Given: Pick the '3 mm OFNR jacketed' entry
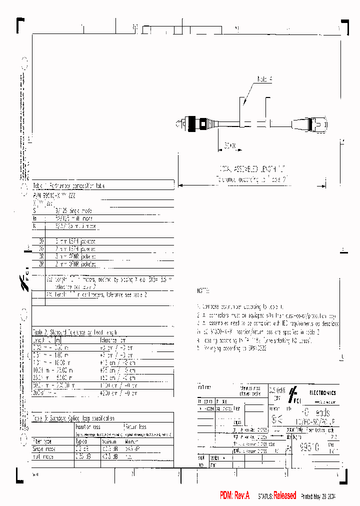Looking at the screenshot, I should pos(75,256).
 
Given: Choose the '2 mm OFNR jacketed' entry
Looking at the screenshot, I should pos(75,263).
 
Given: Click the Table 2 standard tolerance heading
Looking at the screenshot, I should pos(75,331).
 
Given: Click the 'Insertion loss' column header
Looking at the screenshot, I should pos(87,427).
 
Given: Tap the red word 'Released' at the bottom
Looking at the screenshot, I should pos(284,495).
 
